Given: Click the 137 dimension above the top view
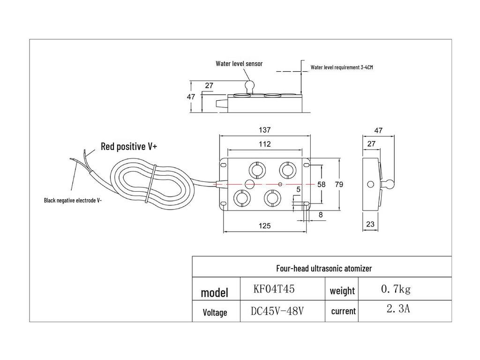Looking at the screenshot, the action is [x=264, y=130].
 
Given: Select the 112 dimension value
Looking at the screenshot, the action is [x=264, y=144].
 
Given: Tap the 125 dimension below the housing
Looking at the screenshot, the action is [x=264, y=226].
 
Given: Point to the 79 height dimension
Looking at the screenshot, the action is [x=339, y=184].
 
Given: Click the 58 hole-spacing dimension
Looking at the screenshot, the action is [x=321, y=184].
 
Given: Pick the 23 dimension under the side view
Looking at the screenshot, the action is [x=370, y=225].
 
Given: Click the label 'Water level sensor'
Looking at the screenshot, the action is [x=239, y=64].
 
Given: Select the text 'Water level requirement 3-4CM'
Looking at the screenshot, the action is [x=342, y=67].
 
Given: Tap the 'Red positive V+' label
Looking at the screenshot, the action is [x=129, y=146].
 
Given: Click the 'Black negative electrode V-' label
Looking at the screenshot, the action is [x=73, y=201].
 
